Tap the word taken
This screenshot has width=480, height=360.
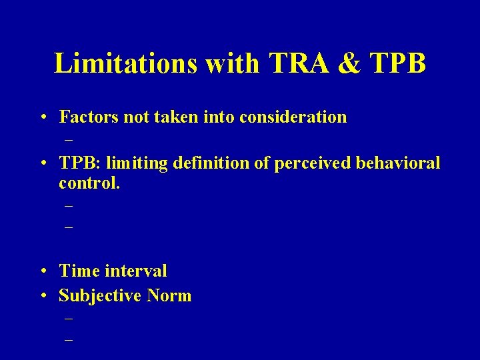click(177, 117)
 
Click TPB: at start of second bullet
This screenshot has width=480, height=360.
click(79, 163)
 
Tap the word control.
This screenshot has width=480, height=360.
click(89, 183)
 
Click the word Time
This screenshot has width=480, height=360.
click(78, 271)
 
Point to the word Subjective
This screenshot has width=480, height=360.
click(97, 295)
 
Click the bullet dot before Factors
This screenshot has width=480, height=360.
click(42, 118)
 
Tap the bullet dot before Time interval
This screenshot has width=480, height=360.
click(42, 271)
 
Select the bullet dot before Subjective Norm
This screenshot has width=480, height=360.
click(42, 296)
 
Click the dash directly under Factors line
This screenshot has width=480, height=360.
click(68, 141)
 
